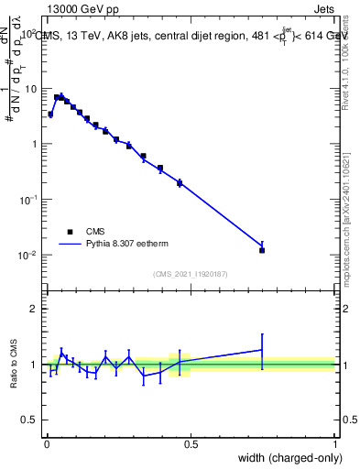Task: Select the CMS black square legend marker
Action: point(70,232)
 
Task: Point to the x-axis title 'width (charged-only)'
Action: point(285,458)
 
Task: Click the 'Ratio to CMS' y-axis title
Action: point(13,364)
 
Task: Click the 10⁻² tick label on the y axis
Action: point(28,255)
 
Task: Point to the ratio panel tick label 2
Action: point(34,309)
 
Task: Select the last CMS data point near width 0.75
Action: point(262,250)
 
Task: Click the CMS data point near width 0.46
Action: point(180,183)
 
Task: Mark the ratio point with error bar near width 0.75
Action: point(262,349)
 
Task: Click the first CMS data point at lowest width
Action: point(50,115)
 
